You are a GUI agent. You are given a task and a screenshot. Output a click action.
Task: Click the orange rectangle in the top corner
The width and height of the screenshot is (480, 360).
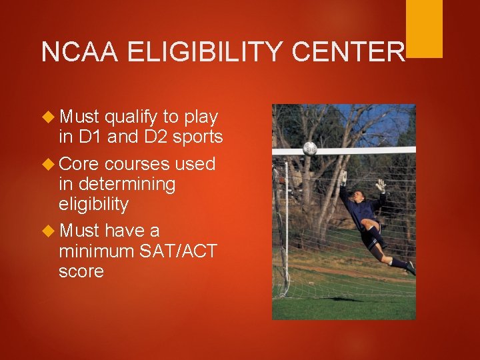pos(424,28)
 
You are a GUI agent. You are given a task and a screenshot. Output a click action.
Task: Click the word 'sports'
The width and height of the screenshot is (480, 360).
pos(198,138)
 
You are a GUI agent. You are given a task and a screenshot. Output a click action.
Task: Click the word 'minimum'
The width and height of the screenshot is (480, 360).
pos(96,251)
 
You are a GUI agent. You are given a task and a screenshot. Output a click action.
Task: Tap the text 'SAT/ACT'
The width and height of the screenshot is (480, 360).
pos(179,251)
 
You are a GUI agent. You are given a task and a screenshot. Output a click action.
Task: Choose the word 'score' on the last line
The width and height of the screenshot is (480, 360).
pos(81,272)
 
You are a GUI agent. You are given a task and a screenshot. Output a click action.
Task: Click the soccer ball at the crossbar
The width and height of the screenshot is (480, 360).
pos(309,148)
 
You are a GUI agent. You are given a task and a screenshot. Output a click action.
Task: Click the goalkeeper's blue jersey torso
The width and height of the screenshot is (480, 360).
pos(363,213)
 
